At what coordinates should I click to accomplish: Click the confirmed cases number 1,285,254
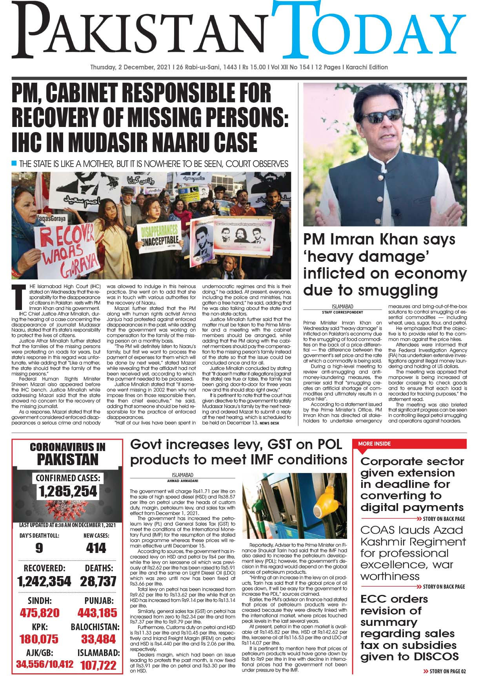pyautogui.click(x=67, y=491)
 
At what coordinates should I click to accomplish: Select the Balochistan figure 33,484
pyautogui.click(x=98, y=639)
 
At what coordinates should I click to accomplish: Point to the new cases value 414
pyautogui.click(x=96, y=548)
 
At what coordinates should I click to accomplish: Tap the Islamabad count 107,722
pyautogui.click(x=98, y=665)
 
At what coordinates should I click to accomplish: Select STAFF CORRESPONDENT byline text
pyautogui.click(x=342, y=312)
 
